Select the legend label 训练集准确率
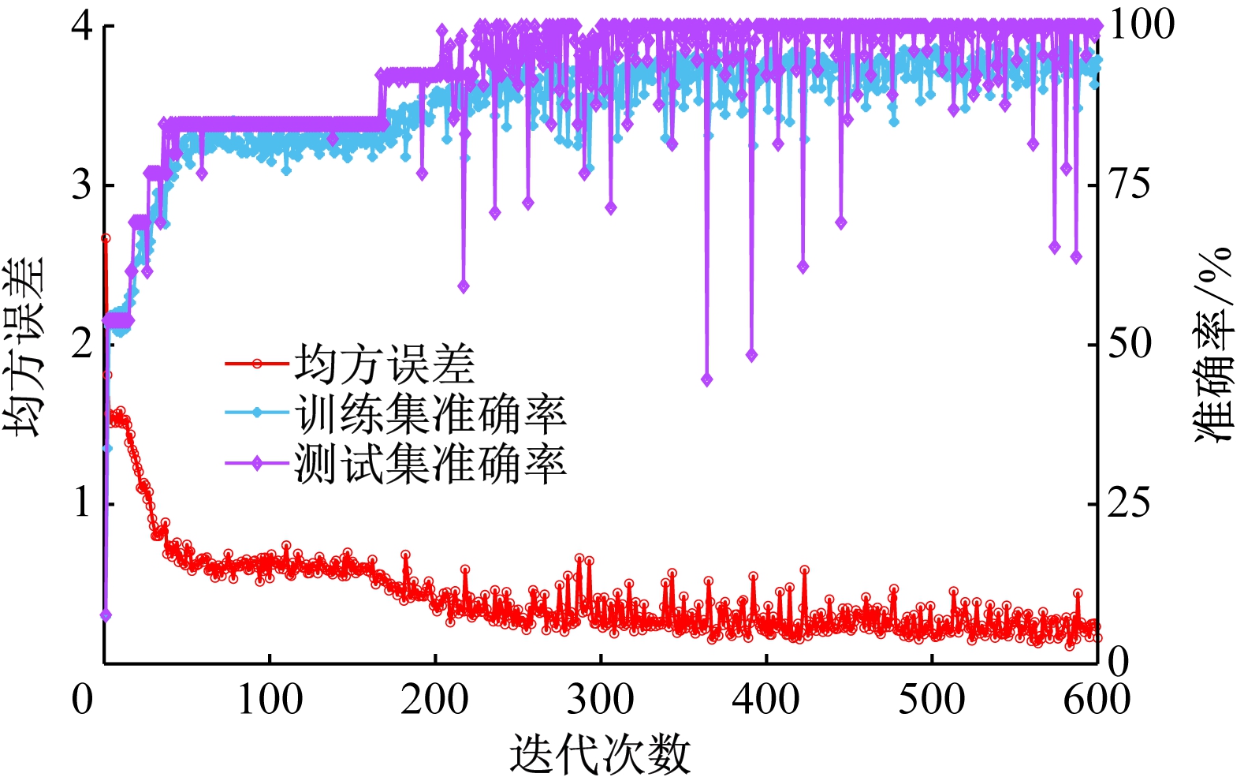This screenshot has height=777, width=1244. coord(430,413)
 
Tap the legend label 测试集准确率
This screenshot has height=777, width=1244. coord(430,463)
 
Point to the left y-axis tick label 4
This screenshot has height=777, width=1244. coord(82,25)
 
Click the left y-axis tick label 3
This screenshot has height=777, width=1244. coord(82,185)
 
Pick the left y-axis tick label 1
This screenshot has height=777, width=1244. coord(82,502)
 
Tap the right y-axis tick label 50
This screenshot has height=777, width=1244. coord(1130,344)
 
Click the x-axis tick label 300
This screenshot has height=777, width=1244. coord(600,699)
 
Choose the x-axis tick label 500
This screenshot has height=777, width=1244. coord(932,699)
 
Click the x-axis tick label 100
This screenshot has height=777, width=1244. coord(270,699)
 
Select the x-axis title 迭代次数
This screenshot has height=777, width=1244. coord(600,753)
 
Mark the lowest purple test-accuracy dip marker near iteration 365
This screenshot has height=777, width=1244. coord(706,379)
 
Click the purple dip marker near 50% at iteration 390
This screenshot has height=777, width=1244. coord(751,355)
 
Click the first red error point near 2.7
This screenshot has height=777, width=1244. coord(106,238)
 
